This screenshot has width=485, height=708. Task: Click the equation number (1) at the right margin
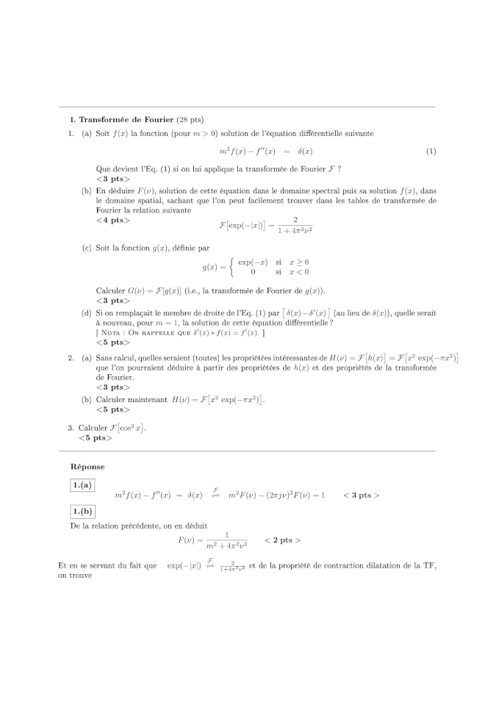(x=431, y=151)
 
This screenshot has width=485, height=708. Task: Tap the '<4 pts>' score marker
(x=112, y=220)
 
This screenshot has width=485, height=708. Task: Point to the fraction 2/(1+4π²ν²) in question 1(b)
(x=294, y=224)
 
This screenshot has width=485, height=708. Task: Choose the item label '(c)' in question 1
(x=86, y=248)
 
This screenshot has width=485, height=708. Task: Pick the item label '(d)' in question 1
(x=86, y=313)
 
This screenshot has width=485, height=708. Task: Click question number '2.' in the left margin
(x=71, y=358)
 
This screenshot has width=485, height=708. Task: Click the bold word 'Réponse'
(x=87, y=466)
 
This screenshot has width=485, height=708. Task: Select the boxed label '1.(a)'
(x=82, y=485)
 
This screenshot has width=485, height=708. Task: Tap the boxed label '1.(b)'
(x=82, y=511)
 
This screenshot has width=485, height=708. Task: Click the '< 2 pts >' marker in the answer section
(x=282, y=540)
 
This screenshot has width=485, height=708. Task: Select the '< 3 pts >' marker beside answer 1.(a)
(x=361, y=495)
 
